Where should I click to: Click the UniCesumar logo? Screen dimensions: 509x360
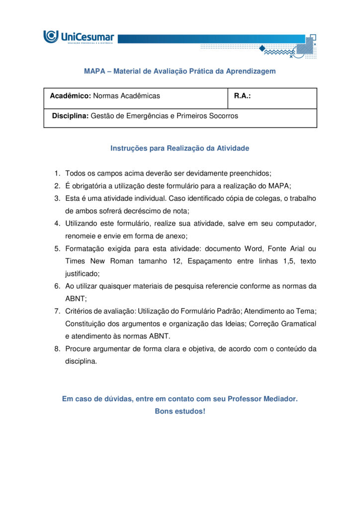(79, 37)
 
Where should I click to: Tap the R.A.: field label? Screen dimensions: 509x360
(242, 96)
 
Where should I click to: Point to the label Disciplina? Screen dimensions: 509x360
(70, 116)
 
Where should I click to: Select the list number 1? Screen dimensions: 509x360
(57, 173)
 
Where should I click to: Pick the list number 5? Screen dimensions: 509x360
(57, 249)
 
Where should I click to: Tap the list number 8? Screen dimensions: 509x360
(57, 349)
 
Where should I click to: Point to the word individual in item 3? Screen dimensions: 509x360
(144, 198)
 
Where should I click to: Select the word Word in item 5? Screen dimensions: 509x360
(253, 249)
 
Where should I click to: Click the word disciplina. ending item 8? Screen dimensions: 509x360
(81, 361)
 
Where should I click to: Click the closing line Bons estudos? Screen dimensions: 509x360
(180, 412)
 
